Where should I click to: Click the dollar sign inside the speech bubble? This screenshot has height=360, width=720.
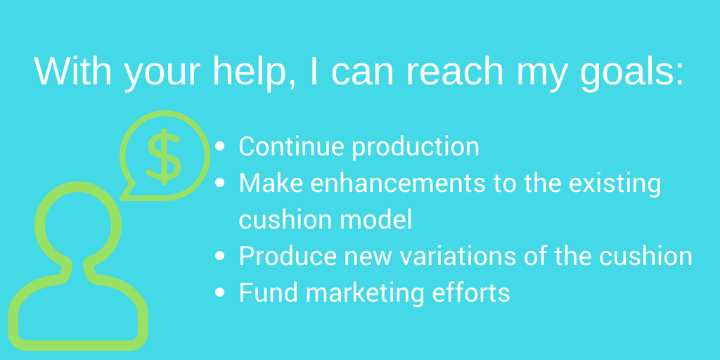pyautogui.click(x=164, y=157)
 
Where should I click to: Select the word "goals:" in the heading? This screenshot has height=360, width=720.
pyautogui.click(x=632, y=74)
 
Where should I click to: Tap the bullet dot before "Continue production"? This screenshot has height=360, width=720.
pyautogui.click(x=220, y=146)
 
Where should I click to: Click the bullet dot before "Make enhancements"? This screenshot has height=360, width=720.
pyautogui.click(x=220, y=183)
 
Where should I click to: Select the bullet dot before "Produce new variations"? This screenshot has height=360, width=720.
pyautogui.click(x=220, y=256)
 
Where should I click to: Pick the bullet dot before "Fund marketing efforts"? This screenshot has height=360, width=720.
pyautogui.click(x=220, y=292)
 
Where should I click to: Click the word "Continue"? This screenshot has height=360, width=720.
pyautogui.click(x=292, y=146)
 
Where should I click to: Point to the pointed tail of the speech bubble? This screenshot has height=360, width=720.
pyautogui.click(x=122, y=198)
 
